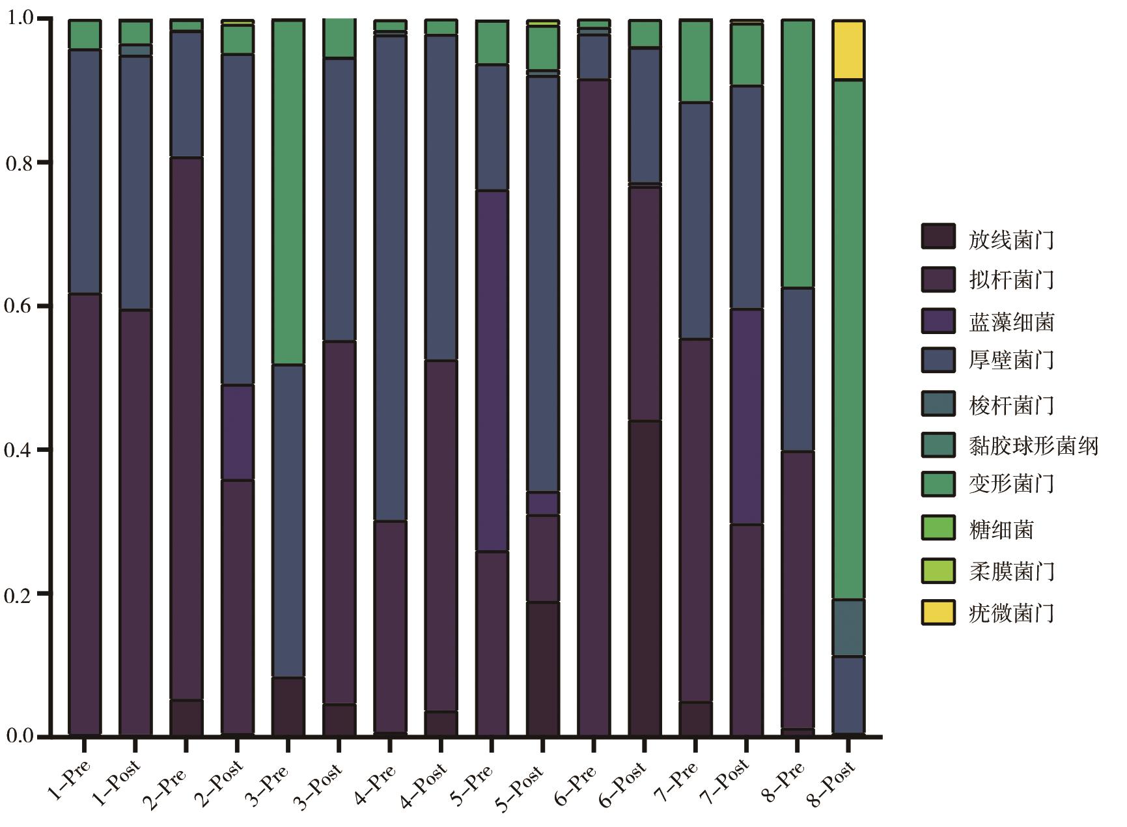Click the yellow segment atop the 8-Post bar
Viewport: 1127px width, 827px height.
(x=848, y=50)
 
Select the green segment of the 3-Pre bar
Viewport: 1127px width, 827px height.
(x=288, y=192)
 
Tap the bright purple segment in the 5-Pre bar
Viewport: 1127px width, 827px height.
(x=492, y=371)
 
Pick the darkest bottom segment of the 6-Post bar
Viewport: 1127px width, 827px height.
(x=645, y=578)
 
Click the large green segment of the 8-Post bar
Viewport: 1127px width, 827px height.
(x=848, y=339)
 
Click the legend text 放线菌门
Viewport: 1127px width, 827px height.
(x=1010, y=240)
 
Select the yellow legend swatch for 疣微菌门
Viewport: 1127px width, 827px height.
(x=938, y=613)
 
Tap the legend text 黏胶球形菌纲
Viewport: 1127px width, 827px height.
(x=1033, y=446)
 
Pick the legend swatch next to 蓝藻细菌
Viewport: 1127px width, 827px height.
(x=938, y=322)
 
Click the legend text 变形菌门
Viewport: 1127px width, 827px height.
(x=1010, y=484)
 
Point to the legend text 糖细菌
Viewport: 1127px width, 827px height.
(x=1001, y=529)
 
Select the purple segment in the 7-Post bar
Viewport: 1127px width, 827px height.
(x=746, y=417)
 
